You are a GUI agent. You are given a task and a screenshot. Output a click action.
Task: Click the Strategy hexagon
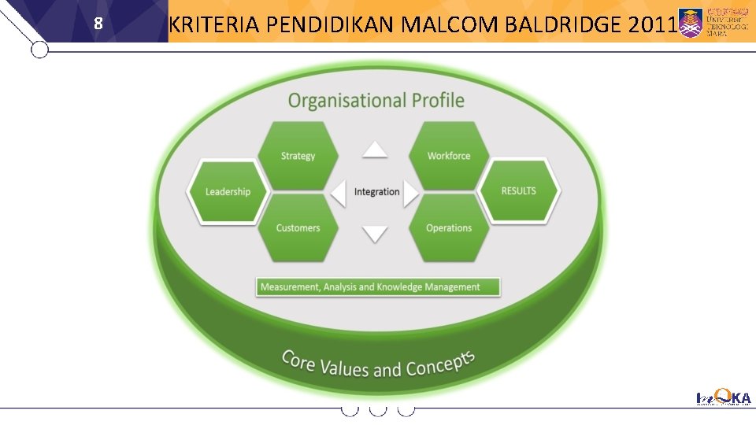tap(298, 156)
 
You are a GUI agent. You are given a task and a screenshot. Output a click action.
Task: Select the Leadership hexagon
tap(228, 192)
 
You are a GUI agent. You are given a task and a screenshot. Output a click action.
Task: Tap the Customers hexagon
tap(298, 228)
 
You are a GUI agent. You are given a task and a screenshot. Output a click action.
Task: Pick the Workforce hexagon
tap(449, 156)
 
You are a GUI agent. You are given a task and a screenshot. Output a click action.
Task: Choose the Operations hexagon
tap(449, 228)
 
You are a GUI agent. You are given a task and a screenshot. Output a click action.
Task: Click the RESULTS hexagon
tap(519, 191)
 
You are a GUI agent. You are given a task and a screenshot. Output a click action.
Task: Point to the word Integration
tap(376, 192)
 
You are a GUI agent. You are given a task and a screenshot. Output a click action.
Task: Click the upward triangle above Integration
tap(375, 150)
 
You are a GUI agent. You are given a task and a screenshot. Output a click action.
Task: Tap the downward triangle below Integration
tap(375, 234)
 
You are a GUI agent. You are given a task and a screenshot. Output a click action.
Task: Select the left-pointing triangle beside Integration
tap(339, 193)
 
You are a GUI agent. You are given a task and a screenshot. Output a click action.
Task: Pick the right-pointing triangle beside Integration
tap(411, 193)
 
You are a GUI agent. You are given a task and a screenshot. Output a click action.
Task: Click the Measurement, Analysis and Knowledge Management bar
tap(379, 286)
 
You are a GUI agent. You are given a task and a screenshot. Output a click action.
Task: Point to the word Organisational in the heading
tap(346, 101)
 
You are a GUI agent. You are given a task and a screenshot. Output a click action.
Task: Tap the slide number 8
tap(98, 24)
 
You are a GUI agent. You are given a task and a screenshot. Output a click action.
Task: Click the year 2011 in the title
tap(653, 25)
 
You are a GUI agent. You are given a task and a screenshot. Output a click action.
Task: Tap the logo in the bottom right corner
tap(724, 399)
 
